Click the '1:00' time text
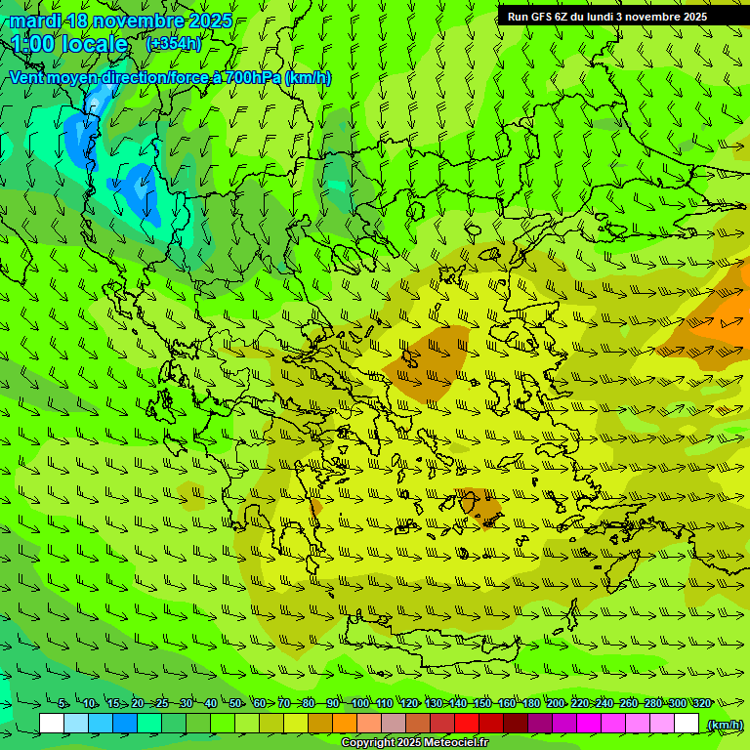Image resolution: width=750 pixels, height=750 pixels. [x=33, y=44]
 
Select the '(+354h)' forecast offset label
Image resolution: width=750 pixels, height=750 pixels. [x=173, y=44]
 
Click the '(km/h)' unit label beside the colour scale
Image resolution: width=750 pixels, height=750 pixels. [x=724, y=725]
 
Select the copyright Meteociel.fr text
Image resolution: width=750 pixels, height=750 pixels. [x=414, y=743]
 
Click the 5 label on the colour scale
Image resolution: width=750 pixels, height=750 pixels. [x=62, y=703]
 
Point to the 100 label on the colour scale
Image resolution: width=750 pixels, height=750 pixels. [x=359, y=703]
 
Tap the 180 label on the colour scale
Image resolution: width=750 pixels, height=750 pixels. [x=530, y=703]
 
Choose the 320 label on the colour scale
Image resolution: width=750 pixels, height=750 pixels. [x=701, y=703]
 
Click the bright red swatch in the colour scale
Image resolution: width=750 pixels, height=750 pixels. [x=467, y=724]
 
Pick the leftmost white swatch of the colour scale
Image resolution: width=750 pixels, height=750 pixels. [x=52, y=724]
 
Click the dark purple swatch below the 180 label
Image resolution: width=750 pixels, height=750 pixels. [x=540, y=724]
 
